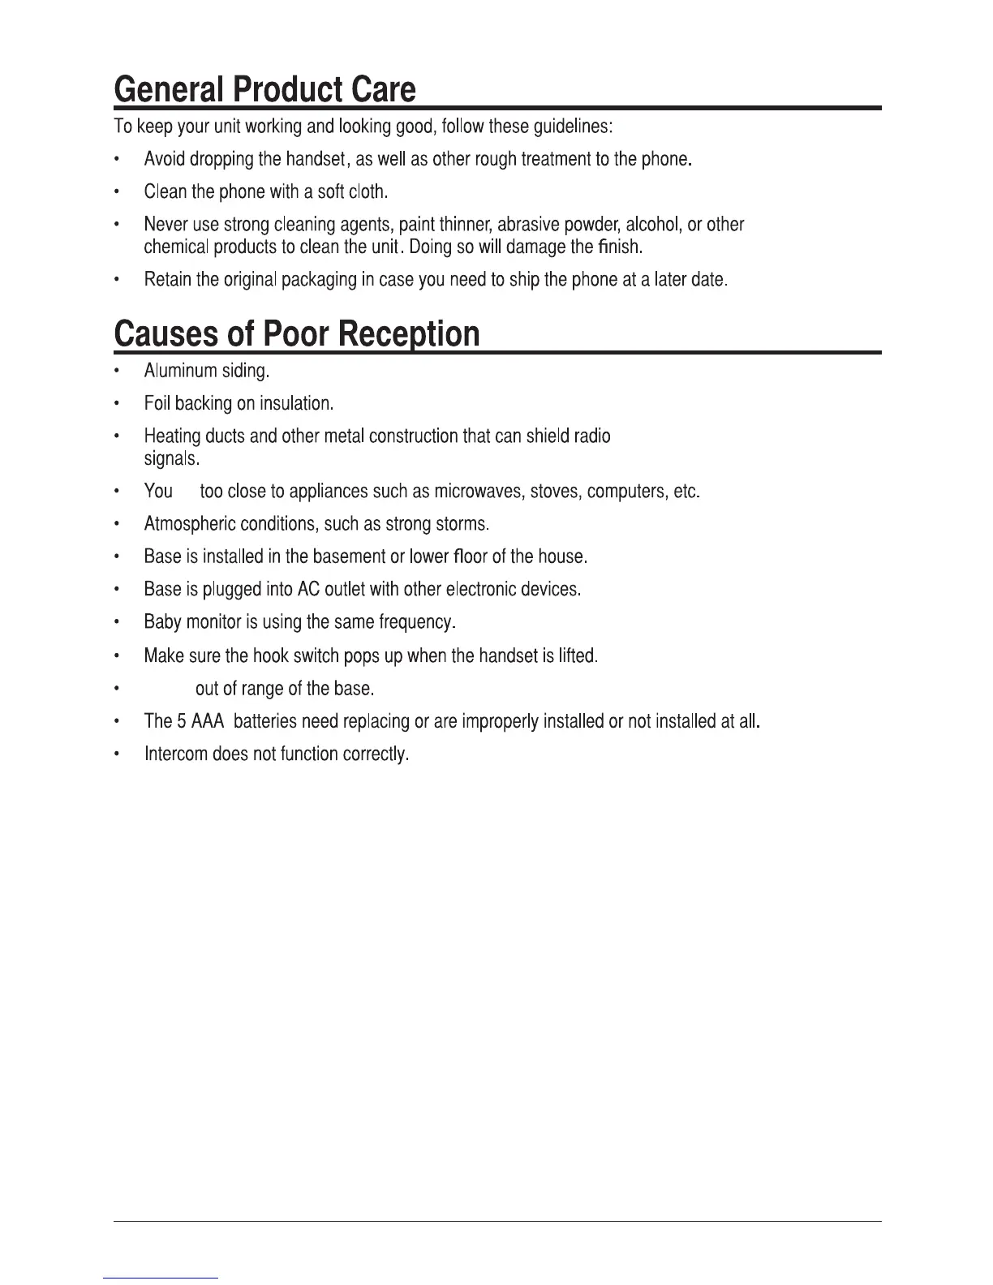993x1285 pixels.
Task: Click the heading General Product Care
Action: (264, 89)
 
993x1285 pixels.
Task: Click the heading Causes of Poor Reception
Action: (297, 334)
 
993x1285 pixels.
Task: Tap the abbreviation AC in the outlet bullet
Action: (308, 590)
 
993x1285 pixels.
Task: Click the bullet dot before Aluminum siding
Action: (118, 372)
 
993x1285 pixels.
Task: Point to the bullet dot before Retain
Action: (118, 281)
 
